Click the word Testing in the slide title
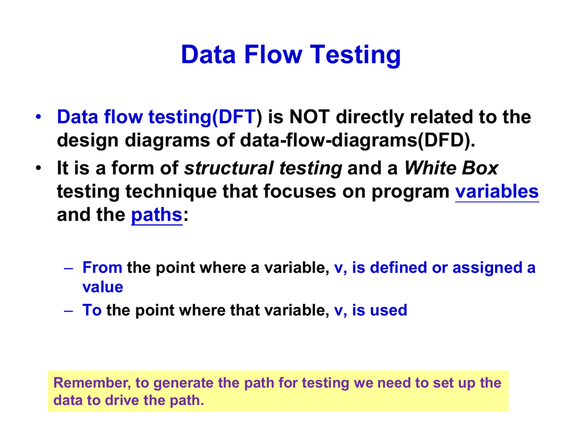click(x=355, y=55)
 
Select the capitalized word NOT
click(x=309, y=117)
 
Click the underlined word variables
click(x=497, y=192)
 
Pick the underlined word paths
click(x=157, y=215)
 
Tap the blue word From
click(x=102, y=267)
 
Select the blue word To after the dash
click(x=92, y=310)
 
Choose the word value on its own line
click(x=103, y=287)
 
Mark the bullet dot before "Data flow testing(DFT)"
click(x=39, y=117)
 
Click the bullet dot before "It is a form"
click(x=39, y=168)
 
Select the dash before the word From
click(x=69, y=268)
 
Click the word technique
click(x=171, y=192)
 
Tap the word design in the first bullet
click(x=88, y=141)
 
